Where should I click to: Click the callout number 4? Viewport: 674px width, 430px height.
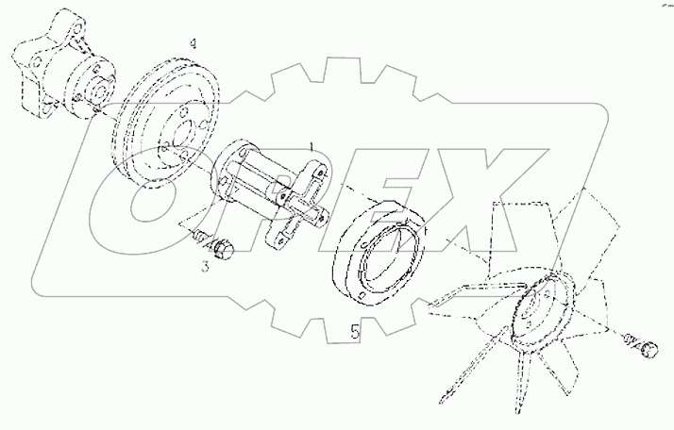click(x=193, y=44)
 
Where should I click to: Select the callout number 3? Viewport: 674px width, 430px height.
click(x=203, y=268)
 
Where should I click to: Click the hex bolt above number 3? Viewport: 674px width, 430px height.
click(x=225, y=247)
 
